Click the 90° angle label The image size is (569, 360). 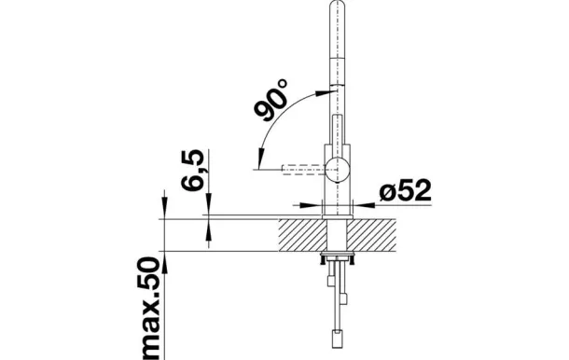coord(271,100)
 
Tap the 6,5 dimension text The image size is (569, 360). coord(192,170)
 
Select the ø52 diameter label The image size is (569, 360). coord(406,190)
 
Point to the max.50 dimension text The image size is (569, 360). coord(149,309)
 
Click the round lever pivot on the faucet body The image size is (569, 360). coord(337,170)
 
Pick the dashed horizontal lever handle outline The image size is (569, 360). coord(304,170)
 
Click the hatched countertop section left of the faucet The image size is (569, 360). coord(302,235)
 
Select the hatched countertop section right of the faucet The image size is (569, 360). coord(371,235)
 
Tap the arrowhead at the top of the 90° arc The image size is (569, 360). coord(324,92)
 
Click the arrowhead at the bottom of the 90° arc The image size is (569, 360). coord(260,160)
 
